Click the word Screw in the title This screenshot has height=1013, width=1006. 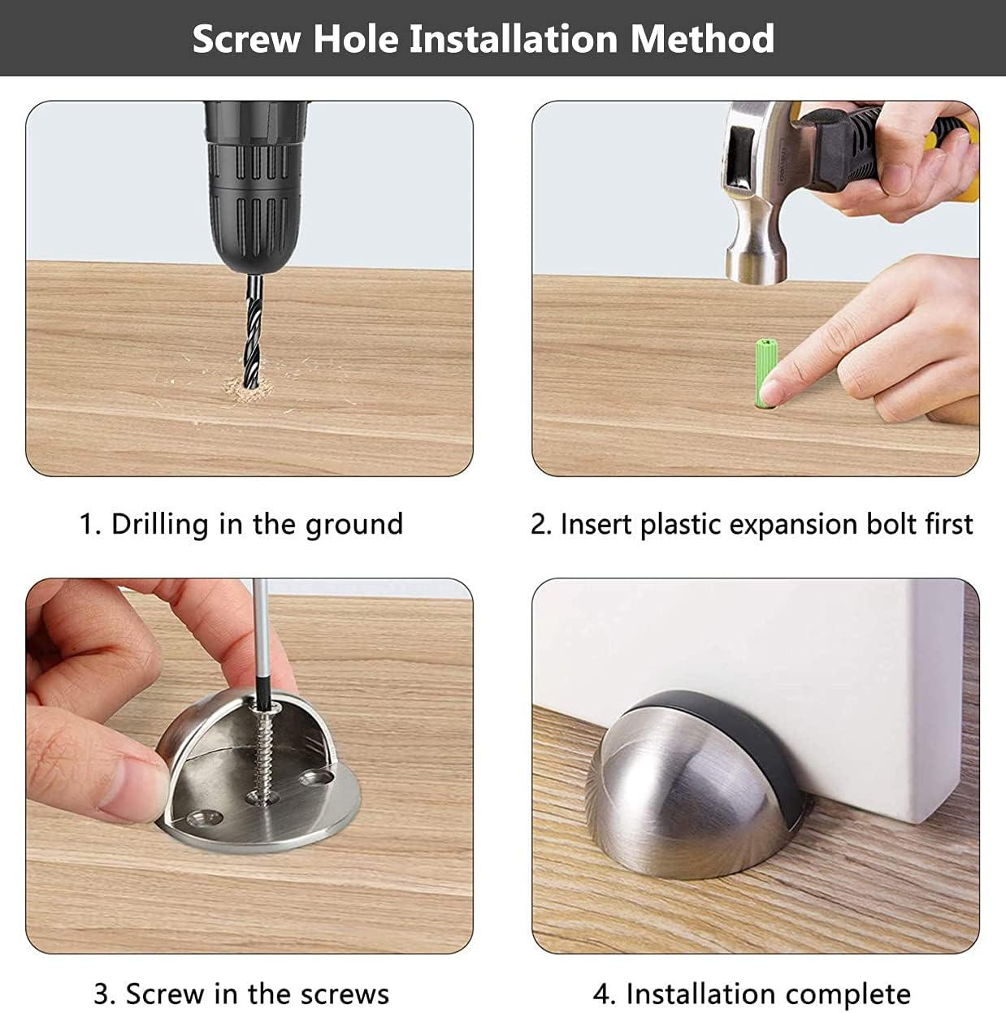[246, 39]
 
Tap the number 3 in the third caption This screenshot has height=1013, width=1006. [102, 994]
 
